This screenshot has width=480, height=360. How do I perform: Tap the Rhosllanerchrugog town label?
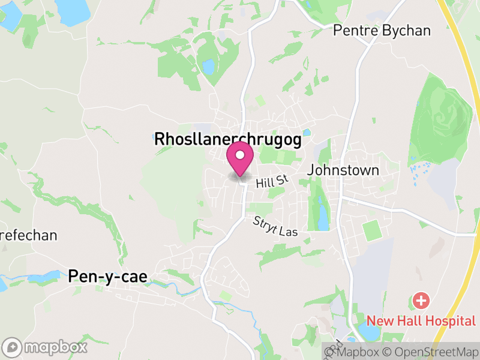tap(227, 139)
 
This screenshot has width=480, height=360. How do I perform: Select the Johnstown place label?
tap(343, 170)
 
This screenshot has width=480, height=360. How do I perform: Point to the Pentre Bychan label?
tap(382, 31)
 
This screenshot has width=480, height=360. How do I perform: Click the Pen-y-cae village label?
tap(107, 276)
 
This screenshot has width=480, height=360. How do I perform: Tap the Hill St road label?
tap(272, 182)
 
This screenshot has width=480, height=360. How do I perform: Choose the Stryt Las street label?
tap(275, 226)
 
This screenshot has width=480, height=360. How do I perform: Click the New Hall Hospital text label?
tap(421, 320)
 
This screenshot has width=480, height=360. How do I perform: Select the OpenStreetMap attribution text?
tap(430, 352)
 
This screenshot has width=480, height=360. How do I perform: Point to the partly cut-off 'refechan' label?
tap(29, 235)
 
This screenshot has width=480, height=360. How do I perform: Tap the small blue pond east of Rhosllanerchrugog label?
tap(307, 133)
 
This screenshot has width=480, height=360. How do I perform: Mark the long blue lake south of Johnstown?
tap(323, 216)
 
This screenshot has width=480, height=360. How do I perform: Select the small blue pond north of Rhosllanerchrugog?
tap(208, 66)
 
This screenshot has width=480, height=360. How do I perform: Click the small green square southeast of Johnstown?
tap(373, 230)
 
